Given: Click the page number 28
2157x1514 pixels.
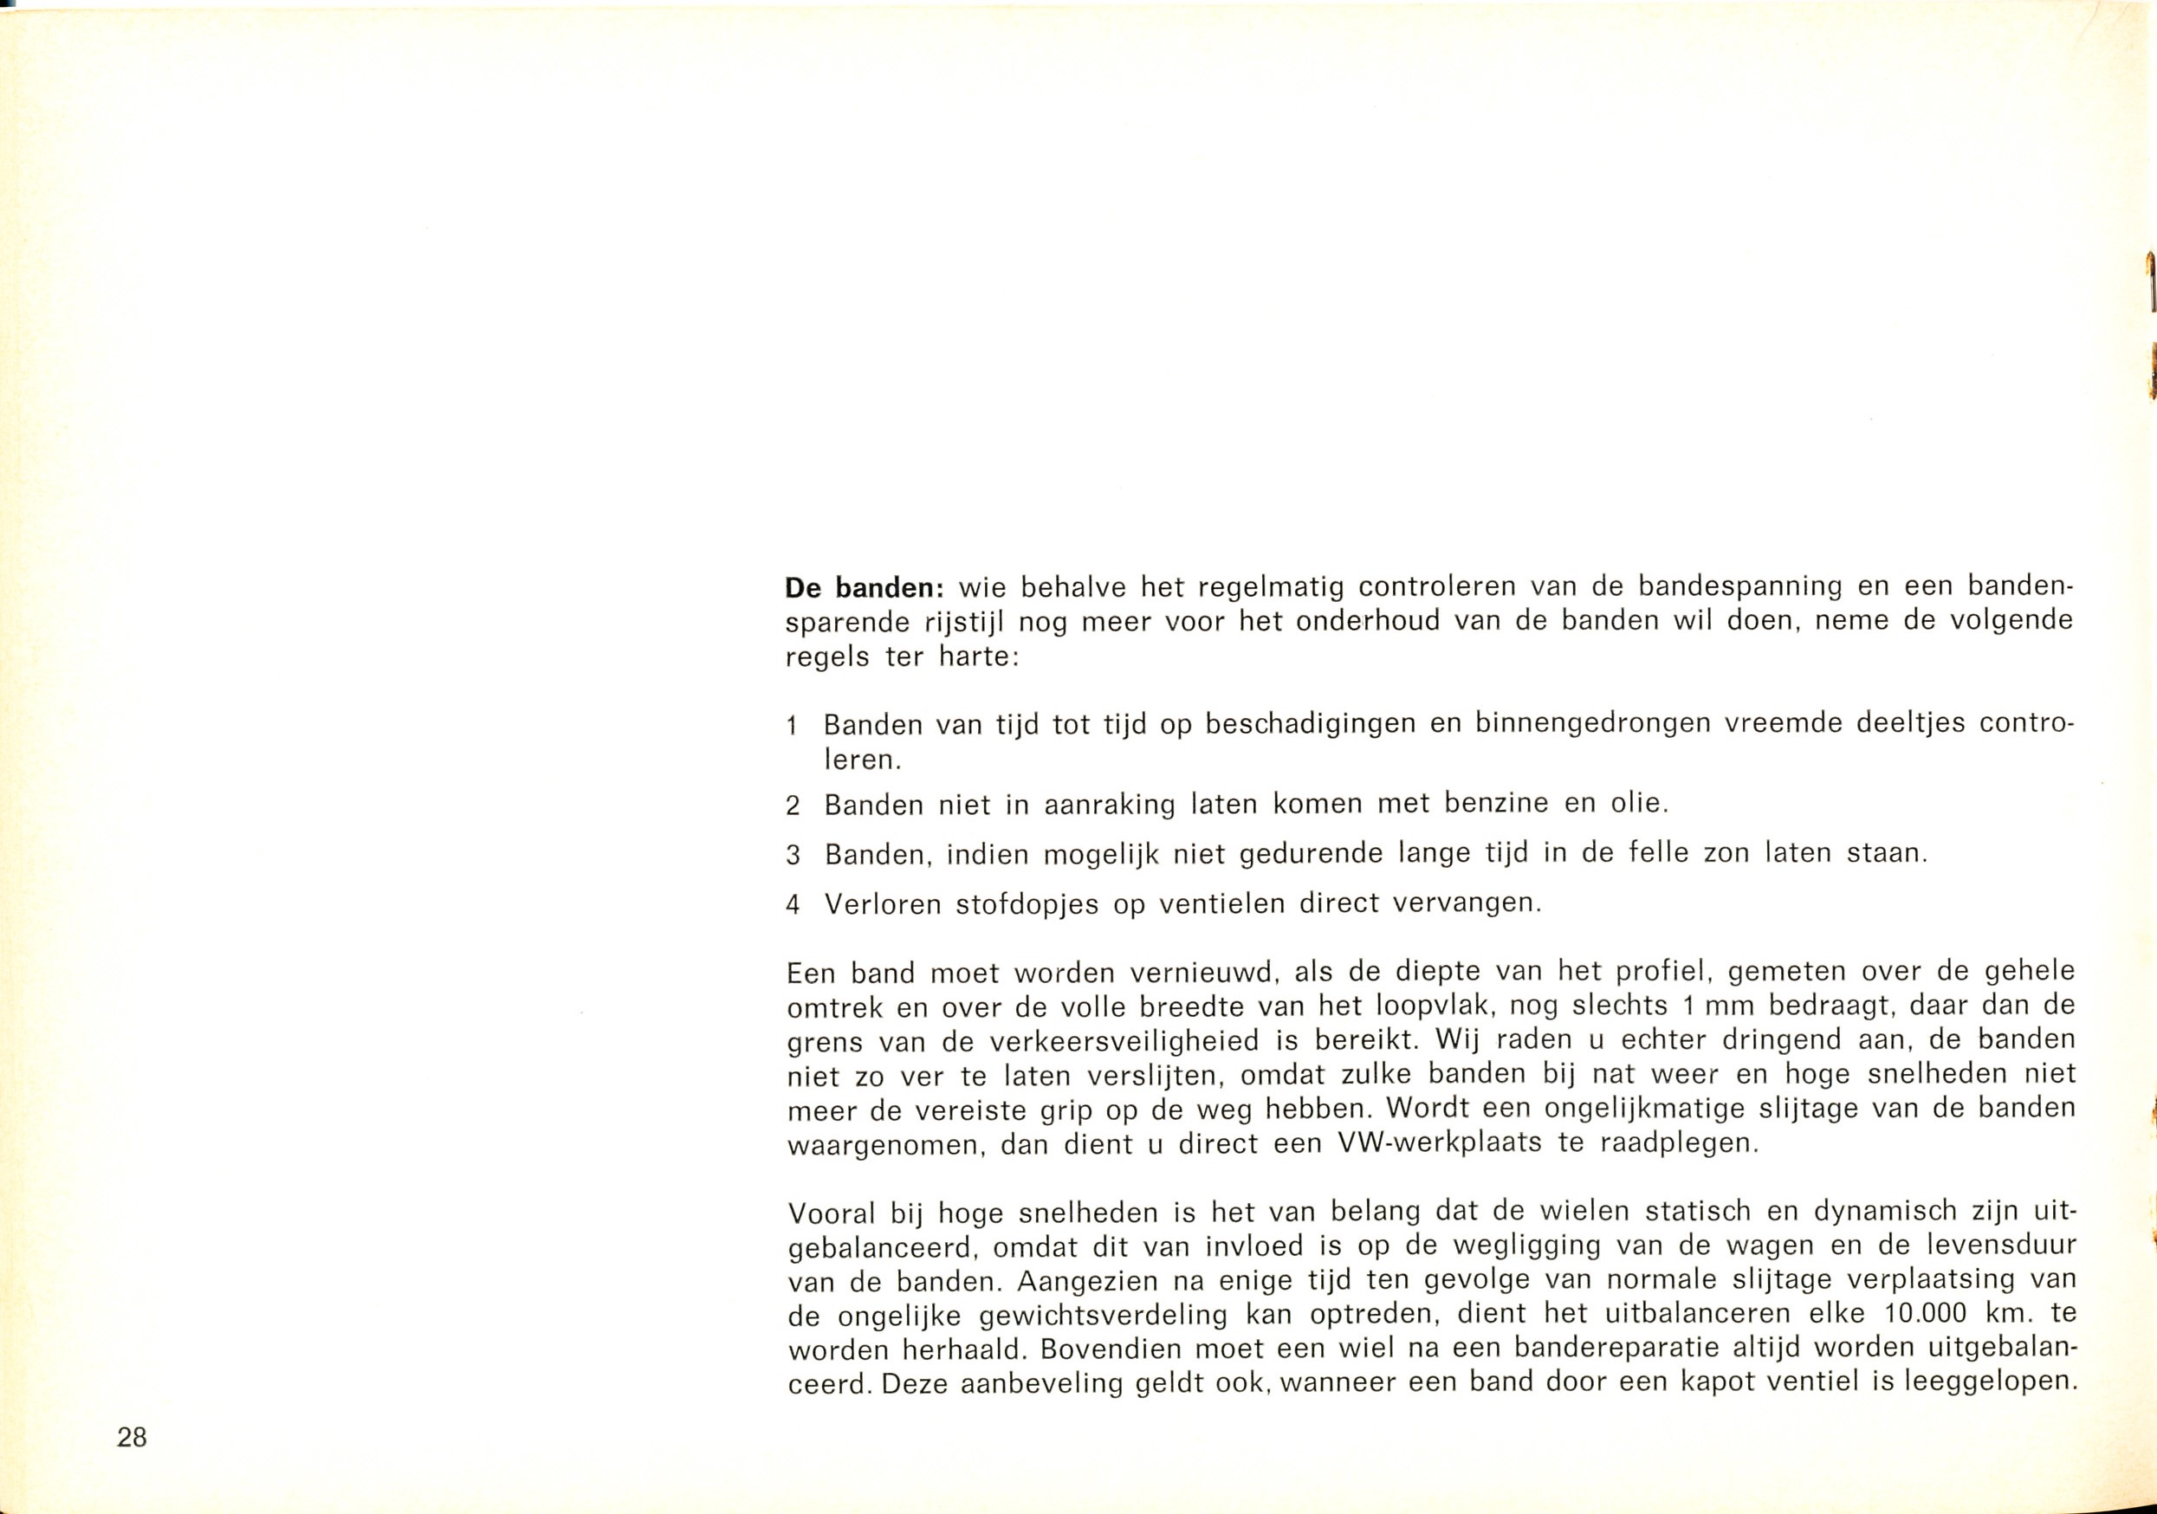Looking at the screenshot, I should pyautogui.click(x=133, y=1438).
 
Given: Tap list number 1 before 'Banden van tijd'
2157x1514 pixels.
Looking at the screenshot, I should pyautogui.click(x=792, y=727).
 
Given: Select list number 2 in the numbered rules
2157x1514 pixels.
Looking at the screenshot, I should pyautogui.click(x=792, y=806).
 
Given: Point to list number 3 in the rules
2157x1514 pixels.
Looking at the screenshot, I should pyautogui.click(x=792, y=856).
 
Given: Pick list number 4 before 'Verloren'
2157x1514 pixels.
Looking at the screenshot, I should pyautogui.click(x=792, y=905).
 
